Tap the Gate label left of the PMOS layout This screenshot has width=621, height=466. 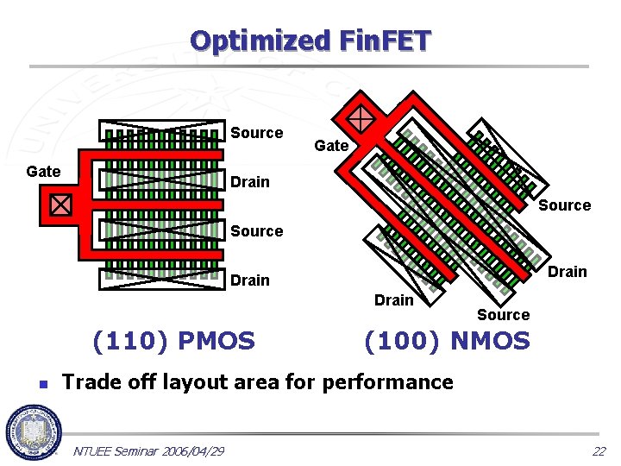[x=43, y=172]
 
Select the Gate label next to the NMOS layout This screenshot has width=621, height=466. [x=331, y=146]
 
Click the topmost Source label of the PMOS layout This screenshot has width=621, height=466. [x=256, y=133]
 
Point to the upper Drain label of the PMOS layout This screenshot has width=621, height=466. [x=249, y=182]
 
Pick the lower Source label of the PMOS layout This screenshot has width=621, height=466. [x=256, y=231]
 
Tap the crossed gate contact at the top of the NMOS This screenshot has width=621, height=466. [x=361, y=118]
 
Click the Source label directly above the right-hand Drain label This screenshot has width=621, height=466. [x=564, y=205]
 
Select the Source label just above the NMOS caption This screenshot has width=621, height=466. [x=503, y=315]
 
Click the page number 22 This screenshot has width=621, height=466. [x=599, y=451]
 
